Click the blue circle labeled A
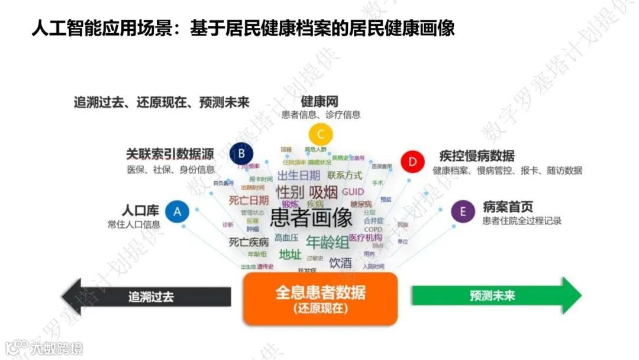[177, 211]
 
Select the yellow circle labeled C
[321, 134]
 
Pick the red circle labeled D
[412, 162]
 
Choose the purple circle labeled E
[463, 211]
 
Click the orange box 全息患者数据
[320, 298]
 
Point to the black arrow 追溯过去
[148, 296]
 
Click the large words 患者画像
[311, 218]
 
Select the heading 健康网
[319, 101]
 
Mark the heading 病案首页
[508, 207]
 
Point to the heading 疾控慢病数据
[476, 156]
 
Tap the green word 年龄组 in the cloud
[328, 242]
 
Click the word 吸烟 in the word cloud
[324, 192]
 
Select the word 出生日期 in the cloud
[299, 175]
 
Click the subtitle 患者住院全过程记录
[522, 221]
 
